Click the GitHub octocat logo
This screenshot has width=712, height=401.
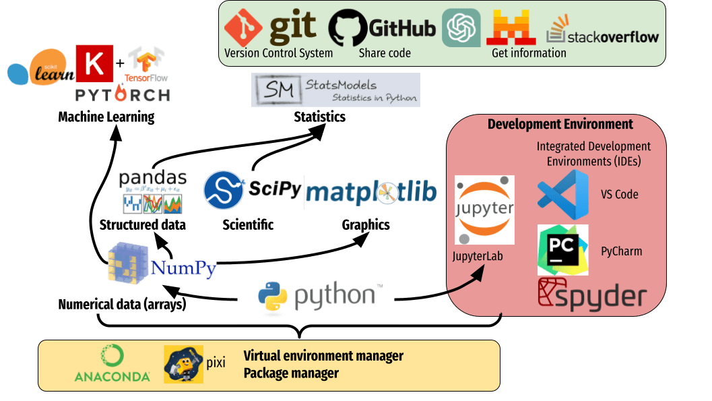(348, 28)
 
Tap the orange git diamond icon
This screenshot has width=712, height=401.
(243, 28)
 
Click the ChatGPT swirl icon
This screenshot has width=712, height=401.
(461, 28)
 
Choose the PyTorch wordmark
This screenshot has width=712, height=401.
(122, 94)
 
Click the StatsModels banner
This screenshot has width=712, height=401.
(335, 90)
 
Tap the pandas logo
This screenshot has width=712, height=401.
(152, 191)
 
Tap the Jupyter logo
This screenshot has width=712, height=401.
(484, 210)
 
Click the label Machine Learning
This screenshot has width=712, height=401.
(106, 117)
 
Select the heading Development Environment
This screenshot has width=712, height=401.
(560, 124)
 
